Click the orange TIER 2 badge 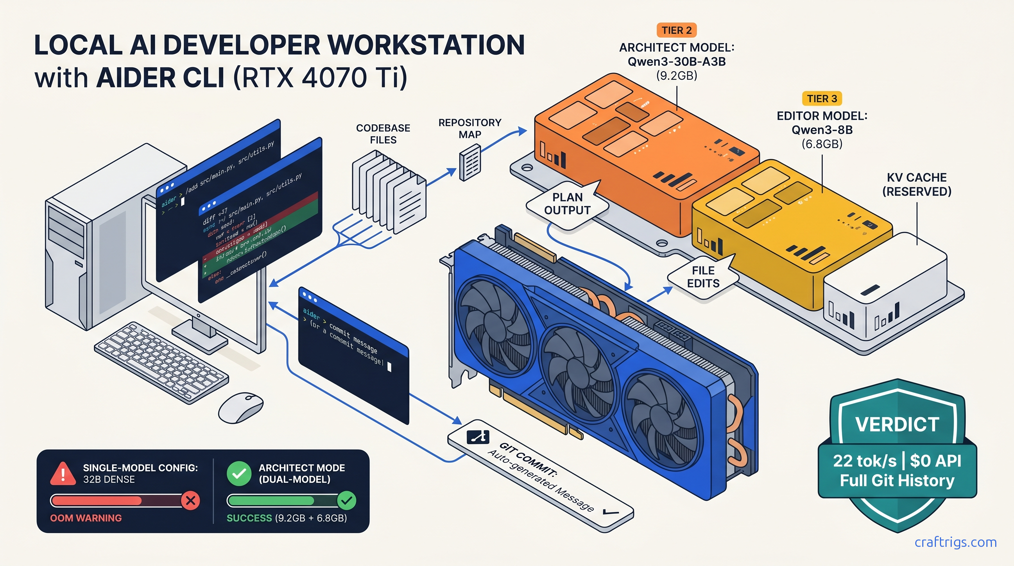676,30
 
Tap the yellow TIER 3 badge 822,98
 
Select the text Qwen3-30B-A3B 676,62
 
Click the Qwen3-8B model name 822,130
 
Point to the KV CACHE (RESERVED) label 917,184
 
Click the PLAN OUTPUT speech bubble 567,204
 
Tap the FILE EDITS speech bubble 703,277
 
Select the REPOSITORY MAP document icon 470,162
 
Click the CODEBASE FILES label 383,134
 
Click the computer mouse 240,408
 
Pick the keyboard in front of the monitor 161,362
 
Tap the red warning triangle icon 63,474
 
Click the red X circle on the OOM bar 190,501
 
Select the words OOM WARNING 86,518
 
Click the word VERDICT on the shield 897,424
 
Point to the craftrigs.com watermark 955,542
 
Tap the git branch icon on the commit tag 478,437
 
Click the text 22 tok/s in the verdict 864,461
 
